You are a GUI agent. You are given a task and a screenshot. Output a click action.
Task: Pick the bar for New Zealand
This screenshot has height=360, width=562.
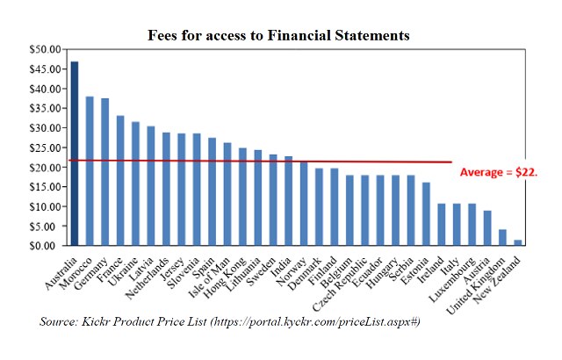517,242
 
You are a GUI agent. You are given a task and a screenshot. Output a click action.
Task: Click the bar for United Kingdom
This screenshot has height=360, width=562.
502,238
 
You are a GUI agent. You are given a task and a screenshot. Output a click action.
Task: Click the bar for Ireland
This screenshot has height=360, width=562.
441,225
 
